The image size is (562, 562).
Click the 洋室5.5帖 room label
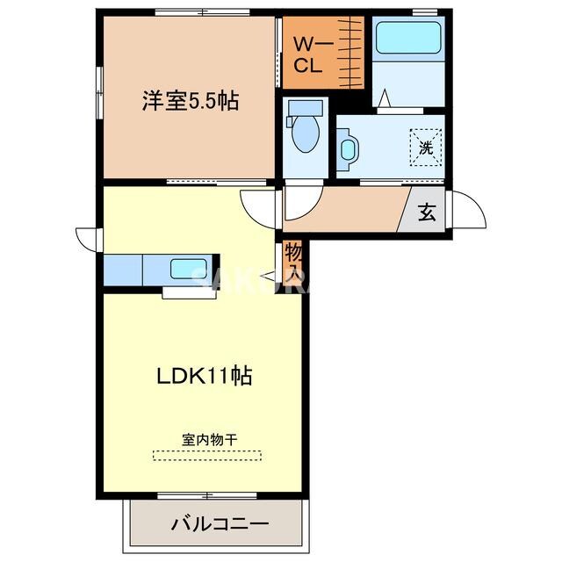click(191, 100)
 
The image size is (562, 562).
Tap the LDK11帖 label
click(205, 376)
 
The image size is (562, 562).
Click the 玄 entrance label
click(427, 213)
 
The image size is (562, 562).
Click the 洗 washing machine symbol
click(425, 147)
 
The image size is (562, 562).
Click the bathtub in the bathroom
click(407, 39)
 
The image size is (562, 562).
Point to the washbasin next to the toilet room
click(347, 148)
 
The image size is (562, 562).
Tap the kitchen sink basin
click(188, 269)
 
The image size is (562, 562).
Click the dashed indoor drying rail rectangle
click(207, 455)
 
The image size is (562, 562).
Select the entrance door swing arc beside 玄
click(470, 211)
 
